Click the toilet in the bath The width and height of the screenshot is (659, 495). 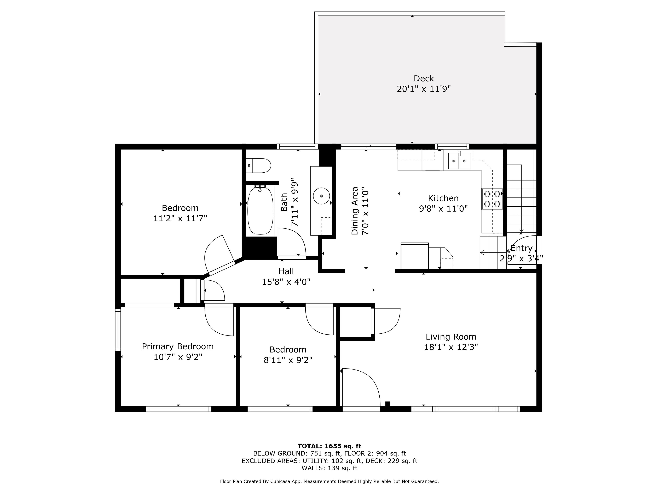click(259, 166)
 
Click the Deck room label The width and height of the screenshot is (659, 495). click(424, 79)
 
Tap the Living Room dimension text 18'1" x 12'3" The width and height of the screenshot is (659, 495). click(451, 347)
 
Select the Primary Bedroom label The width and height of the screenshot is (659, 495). click(178, 346)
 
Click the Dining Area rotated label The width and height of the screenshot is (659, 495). click(355, 211)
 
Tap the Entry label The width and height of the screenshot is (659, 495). click(521, 248)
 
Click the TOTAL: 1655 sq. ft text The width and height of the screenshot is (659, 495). click(329, 446)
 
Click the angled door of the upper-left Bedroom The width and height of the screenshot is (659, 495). click(219, 254)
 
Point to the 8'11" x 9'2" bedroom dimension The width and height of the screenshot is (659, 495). click(288, 360)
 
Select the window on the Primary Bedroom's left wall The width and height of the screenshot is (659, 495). click(118, 330)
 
